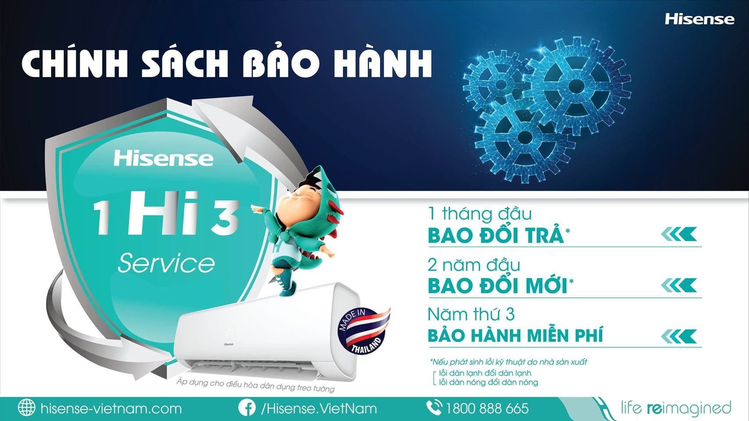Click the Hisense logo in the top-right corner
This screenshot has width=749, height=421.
pyautogui.click(x=699, y=19)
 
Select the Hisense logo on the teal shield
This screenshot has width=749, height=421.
pyautogui.click(x=163, y=158)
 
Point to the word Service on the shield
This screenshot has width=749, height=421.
pyautogui.click(x=166, y=263)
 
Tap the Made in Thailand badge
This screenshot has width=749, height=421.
pyautogui.click(x=364, y=329)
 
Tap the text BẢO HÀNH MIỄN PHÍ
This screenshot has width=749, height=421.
pyautogui.click(x=515, y=336)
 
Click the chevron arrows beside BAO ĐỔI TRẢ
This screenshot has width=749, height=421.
pyautogui.click(x=678, y=235)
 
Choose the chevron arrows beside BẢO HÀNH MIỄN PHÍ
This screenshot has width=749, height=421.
pyautogui.click(x=678, y=336)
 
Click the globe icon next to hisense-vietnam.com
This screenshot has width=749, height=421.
pyautogui.click(x=26, y=408)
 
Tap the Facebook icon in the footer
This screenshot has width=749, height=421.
pyautogui.click(x=247, y=408)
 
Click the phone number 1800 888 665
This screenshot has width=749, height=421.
pyautogui.click(x=487, y=409)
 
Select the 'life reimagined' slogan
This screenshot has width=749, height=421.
pyautogui.click(x=676, y=408)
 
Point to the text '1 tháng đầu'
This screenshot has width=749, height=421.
pyautogui.click(x=480, y=214)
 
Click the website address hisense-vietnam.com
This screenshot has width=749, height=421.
pyautogui.click(x=111, y=409)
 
